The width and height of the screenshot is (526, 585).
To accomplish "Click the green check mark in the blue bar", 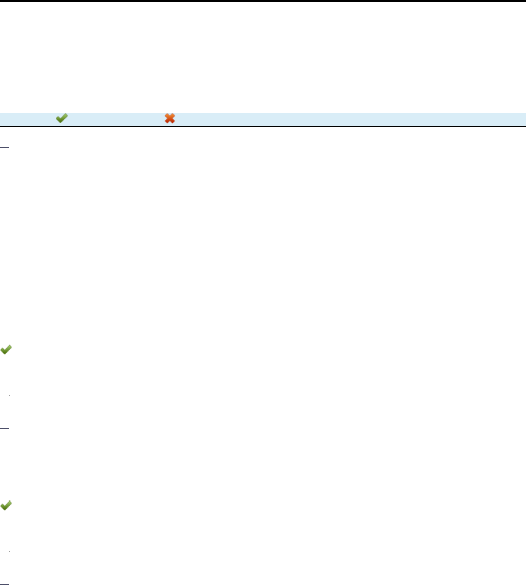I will pyautogui.click(x=61, y=118).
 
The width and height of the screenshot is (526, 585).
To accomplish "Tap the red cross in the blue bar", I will pyautogui.click(x=170, y=118).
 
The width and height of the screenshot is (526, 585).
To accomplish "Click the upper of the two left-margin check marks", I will pyautogui.click(x=6, y=350).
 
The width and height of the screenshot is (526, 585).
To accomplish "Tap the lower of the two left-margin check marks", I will pyautogui.click(x=6, y=506).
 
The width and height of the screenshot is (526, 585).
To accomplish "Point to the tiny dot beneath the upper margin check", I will pyautogui.click(x=10, y=396).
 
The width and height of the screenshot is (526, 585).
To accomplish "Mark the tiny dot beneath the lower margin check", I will pyautogui.click(x=10, y=552).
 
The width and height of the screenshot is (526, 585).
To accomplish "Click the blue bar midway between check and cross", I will pyautogui.click(x=116, y=118).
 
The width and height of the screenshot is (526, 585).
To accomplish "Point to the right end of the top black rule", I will pyautogui.click(x=522, y=1).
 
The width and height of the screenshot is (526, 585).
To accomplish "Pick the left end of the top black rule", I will pyautogui.click(x=3, y=1).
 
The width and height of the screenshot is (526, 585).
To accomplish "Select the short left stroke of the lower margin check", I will pyautogui.click(x=3, y=506).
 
